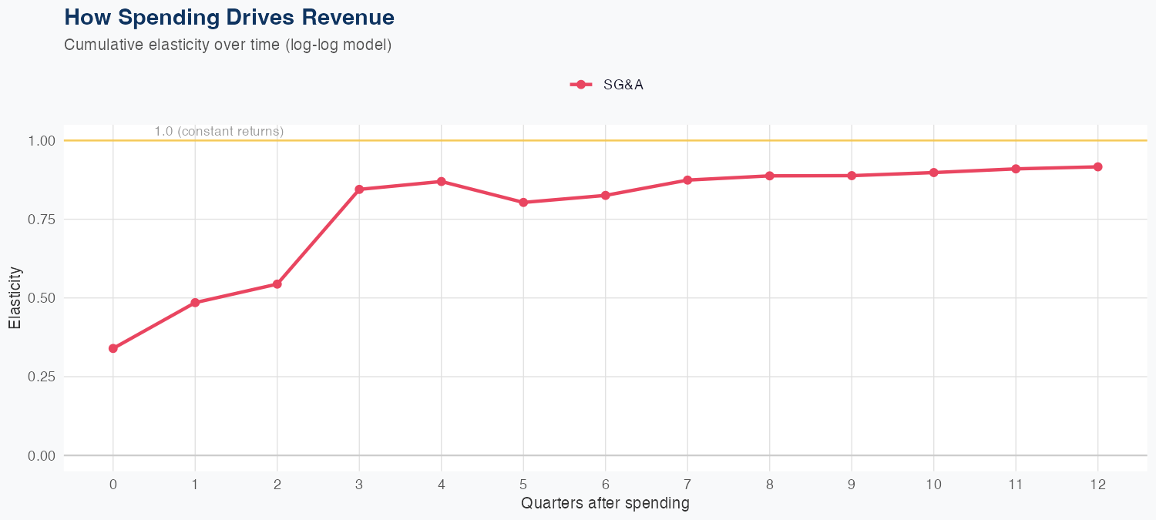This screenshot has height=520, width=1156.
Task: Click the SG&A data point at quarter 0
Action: (113, 348)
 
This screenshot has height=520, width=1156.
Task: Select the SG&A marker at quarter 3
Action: (359, 189)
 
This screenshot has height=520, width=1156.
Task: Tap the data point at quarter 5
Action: (523, 203)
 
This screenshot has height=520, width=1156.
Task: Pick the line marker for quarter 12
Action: (1097, 166)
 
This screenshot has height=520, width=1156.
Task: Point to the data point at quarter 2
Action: (277, 284)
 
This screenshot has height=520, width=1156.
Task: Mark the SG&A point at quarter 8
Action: (769, 176)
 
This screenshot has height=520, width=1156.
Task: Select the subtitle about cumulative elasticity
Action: (227, 45)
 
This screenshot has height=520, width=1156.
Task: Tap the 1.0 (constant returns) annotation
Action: (219, 132)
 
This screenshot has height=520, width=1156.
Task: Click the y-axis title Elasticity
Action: (15, 297)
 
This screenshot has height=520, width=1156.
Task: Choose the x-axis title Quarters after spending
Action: (605, 504)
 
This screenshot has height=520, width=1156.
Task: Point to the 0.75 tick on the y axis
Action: (42, 220)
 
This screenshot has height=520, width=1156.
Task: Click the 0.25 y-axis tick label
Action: (42, 377)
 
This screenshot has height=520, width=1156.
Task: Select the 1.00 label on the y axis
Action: (42, 141)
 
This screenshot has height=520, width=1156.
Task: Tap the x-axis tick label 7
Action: (687, 485)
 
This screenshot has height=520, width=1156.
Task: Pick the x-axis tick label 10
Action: (933, 485)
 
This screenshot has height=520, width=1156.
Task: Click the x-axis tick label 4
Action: (442, 485)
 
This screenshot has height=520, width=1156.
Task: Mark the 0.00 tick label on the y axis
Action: (42, 456)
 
